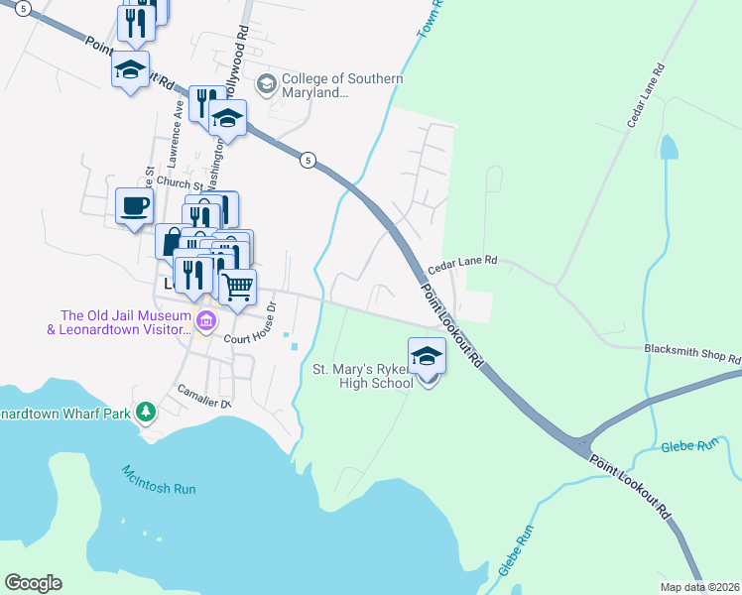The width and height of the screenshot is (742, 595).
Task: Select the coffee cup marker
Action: point(135,206)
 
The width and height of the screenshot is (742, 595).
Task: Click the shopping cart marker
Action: point(237,288)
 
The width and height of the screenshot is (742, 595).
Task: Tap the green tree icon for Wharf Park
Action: point(146,410)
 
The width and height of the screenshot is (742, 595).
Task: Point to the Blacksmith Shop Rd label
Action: point(692,353)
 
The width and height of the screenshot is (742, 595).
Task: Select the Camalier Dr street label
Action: point(204,403)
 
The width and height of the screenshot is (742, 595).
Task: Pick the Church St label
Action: point(179,184)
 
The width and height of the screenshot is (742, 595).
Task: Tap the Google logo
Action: point(33,583)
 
